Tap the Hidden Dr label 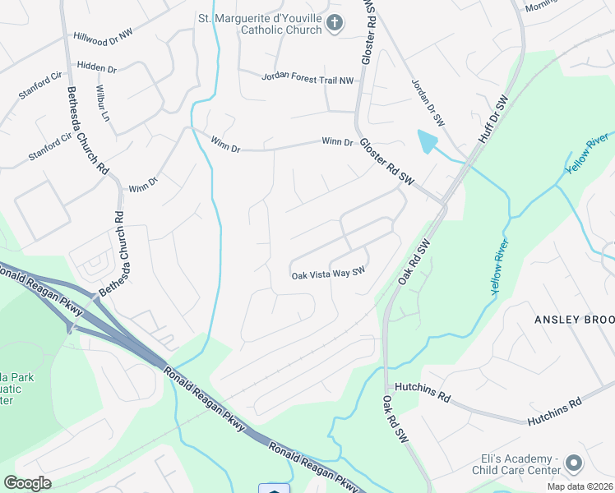[97, 65]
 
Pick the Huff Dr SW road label [493, 118]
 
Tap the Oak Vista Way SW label [327, 274]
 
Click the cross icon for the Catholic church [334, 23]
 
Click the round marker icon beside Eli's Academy [573, 464]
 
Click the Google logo [27, 483]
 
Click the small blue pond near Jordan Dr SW [427, 142]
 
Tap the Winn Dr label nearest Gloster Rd [337, 142]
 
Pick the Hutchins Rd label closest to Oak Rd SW [422, 394]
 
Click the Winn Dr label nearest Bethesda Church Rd [142, 183]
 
